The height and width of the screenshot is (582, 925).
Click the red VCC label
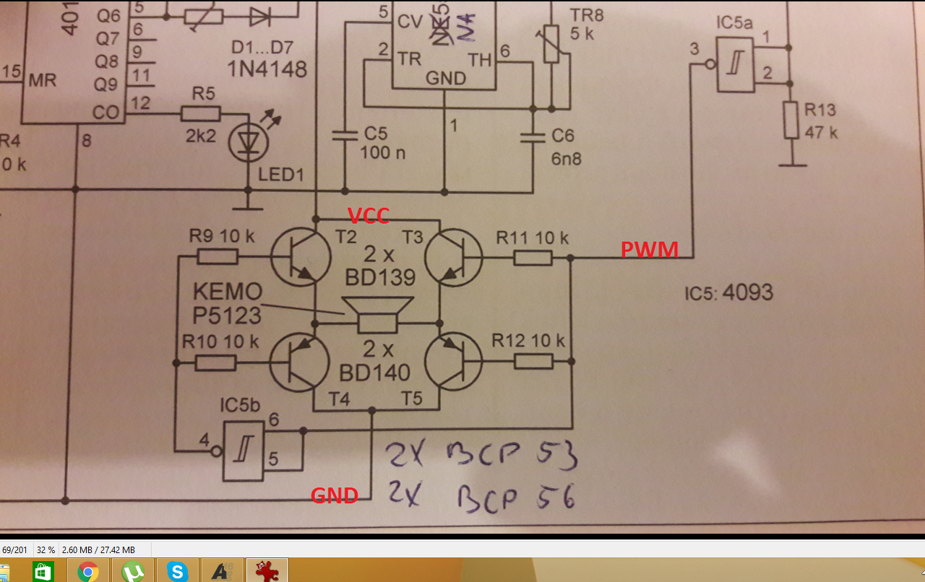(x=369, y=215)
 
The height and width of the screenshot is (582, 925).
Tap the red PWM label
(x=649, y=250)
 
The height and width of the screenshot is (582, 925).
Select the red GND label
(x=334, y=495)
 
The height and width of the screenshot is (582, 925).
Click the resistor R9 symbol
(x=217, y=256)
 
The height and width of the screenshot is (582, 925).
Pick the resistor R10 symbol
(x=216, y=362)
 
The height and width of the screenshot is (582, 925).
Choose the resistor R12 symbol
(x=533, y=362)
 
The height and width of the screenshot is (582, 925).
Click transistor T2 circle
(x=301, y=257)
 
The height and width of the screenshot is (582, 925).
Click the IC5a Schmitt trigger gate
(x=735, y=64)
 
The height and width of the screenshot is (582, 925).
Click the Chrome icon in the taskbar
(x=88, y=572)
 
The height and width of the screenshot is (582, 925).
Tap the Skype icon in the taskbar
(x=177, y=572)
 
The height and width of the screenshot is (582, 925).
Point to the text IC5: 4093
(x=728, y=293)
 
